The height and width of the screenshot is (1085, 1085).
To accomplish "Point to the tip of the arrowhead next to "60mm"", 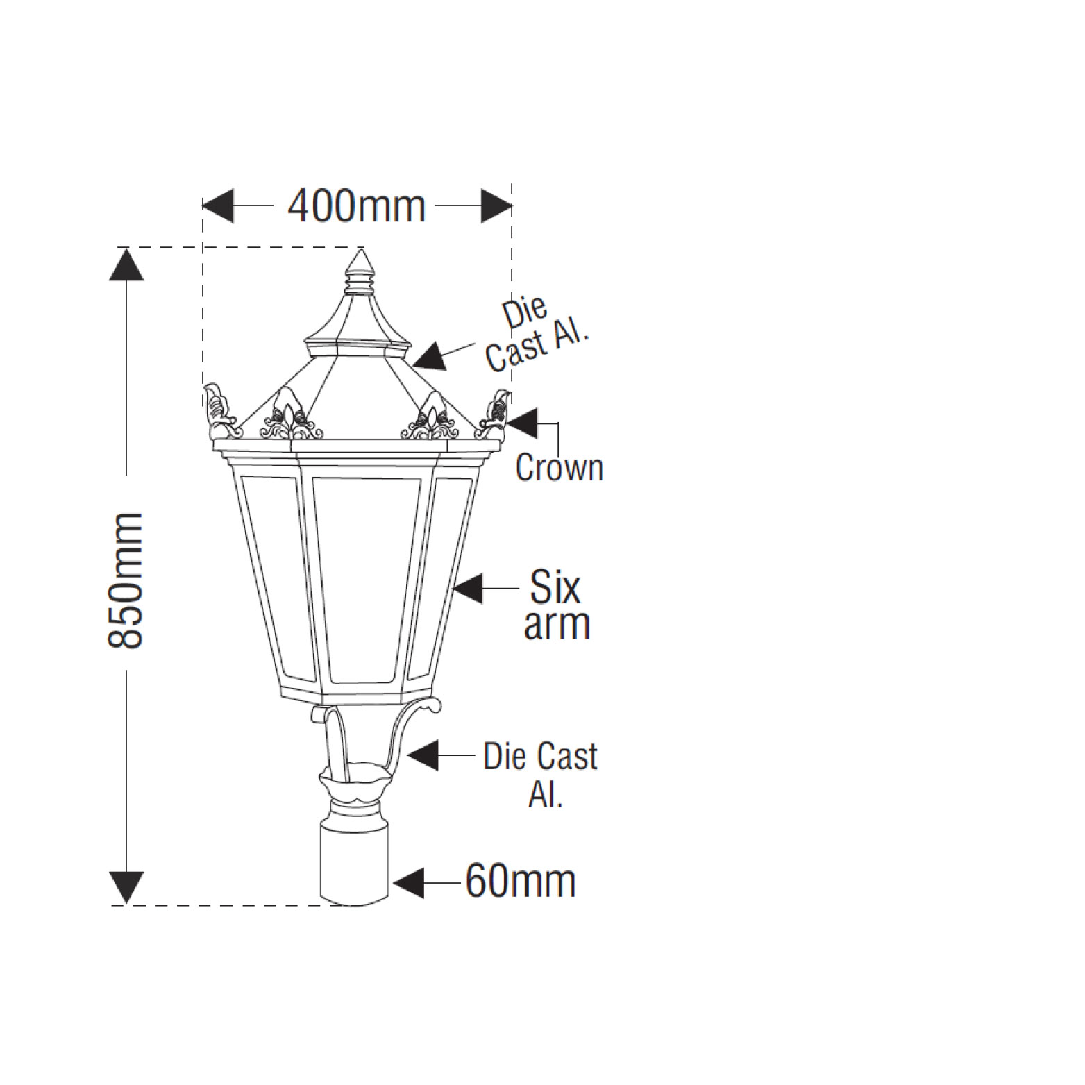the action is click(x=393, y=882).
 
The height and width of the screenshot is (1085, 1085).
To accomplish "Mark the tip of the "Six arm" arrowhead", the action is click(x=453, y=588).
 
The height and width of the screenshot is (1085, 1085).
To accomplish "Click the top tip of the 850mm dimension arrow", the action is click(x=126, y=248).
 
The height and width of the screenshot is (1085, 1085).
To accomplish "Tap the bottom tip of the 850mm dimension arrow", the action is click(x=126, y=905).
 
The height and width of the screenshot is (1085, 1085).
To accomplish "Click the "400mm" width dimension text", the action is click(x=357, y=206).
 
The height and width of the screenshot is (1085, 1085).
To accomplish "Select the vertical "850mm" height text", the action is click(x=126, y=580).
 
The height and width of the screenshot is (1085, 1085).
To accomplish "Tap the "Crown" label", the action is click(x=560, y=468).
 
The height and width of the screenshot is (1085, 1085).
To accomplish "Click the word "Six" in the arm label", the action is click(x=555, y=587).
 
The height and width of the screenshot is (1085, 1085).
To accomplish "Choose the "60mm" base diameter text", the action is click(x=521, y=882).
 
